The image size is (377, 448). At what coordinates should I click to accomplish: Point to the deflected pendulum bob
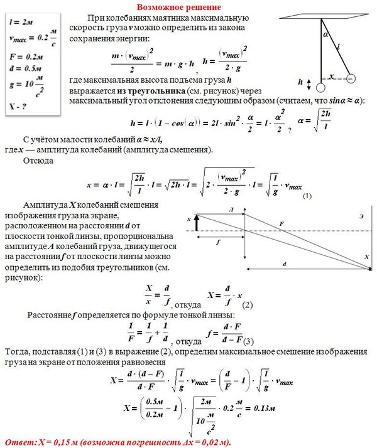pyautogui.click(x=351, y=79)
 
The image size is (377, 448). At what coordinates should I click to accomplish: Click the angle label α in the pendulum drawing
pyautogui.click(x=325, y=36)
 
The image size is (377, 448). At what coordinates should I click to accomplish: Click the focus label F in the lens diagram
pyautogui.click(x=281, y=223)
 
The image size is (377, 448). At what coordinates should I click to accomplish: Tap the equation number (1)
pyautogui.click(x=307, y=196)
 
